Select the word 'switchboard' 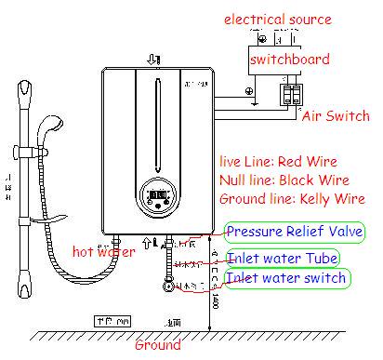click(288, 58)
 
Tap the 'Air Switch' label click(336, 117)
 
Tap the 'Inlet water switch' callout click(286, 277)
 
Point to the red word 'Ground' click(158, 345)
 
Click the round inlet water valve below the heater click(169, 287)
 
